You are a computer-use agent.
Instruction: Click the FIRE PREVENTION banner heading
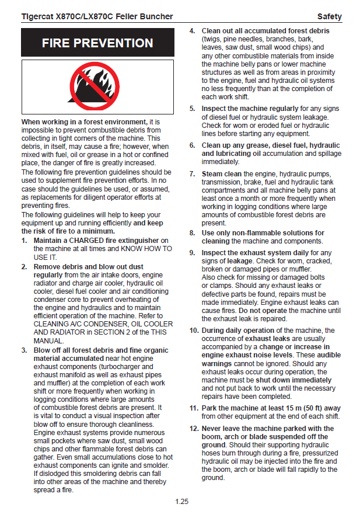tap(97, 43)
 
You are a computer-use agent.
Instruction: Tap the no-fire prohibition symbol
tap(97, 85)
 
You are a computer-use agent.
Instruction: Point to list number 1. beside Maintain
tap(24, 241)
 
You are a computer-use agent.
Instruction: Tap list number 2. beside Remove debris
tap(24, 266)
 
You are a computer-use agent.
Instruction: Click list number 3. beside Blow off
tap(24, 350)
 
